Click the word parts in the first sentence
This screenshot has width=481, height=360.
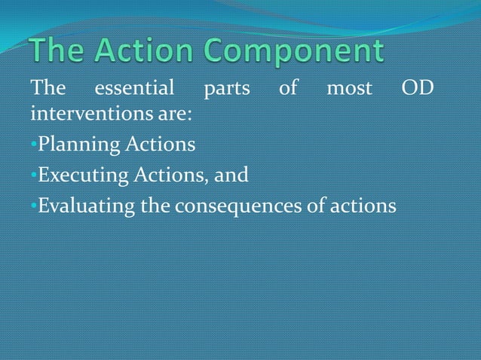pos(227,90)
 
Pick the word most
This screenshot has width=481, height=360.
pos(349,90)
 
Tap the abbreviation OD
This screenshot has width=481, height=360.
pos(417,90)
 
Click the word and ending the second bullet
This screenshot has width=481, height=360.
pos(231,175)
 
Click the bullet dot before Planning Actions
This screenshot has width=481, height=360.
pos(34,145)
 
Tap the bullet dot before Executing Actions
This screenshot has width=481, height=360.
pos(34,175)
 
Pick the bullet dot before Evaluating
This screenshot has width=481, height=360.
pos(34,206)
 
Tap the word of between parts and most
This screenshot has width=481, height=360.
pos(287,90)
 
